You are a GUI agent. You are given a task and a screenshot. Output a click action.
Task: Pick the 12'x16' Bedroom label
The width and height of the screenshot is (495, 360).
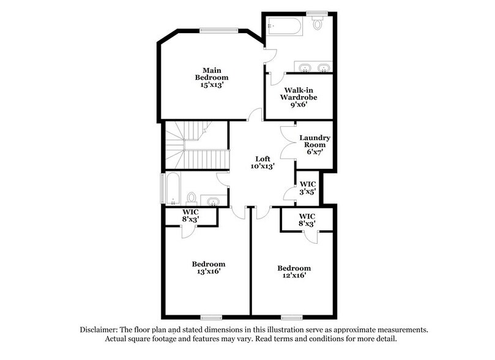point(294,272)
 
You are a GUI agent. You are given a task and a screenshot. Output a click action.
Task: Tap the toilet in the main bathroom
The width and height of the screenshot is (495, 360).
point(317,24)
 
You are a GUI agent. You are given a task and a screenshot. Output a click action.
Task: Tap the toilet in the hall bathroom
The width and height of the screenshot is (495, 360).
point(191,198)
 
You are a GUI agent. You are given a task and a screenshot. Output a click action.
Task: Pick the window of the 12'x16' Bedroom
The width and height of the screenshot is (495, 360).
point(292,317)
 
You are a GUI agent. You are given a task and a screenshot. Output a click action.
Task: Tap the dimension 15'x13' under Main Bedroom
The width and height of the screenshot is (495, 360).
point(212,86)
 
